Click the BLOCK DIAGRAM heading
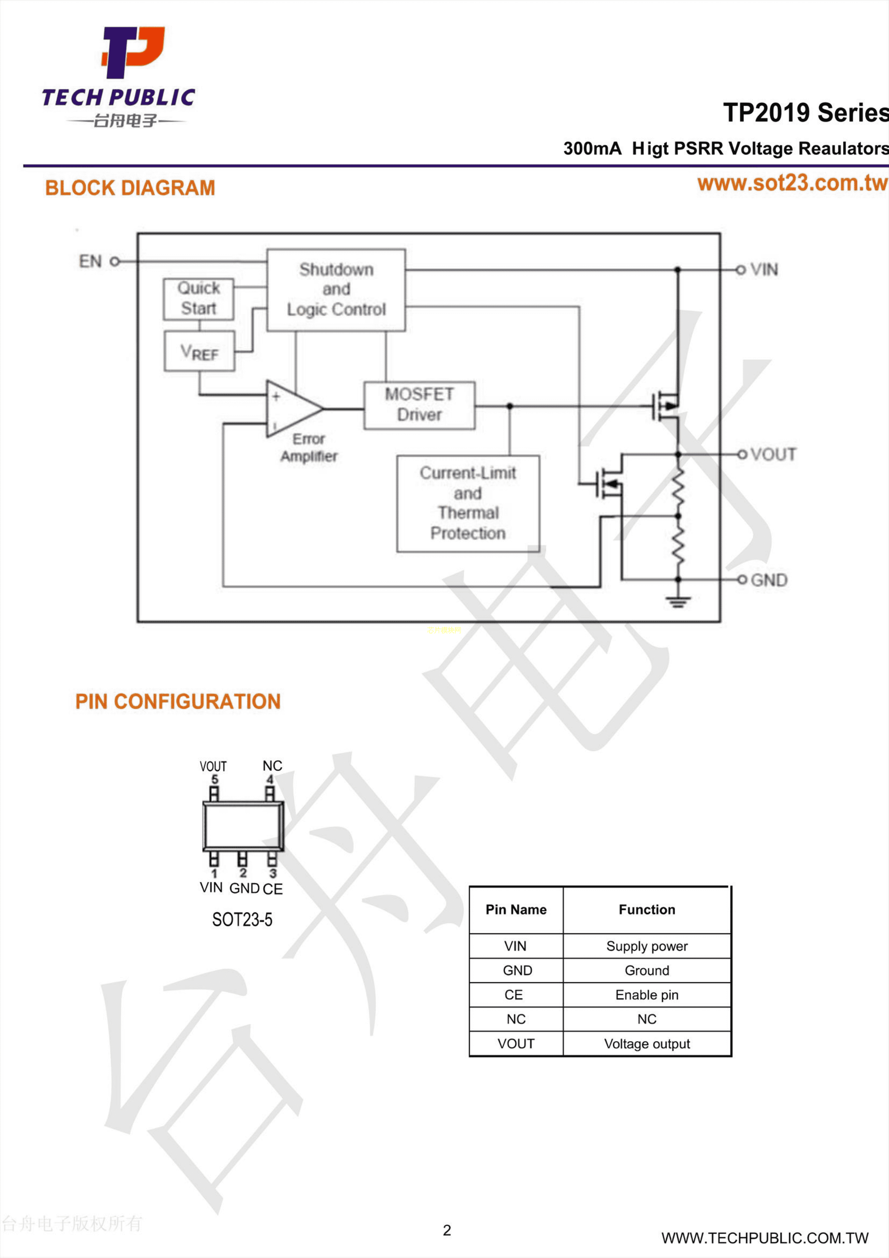130,188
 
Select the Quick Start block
198,299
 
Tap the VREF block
199,351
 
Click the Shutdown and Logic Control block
336,290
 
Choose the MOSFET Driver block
419,404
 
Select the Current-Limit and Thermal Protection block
468,503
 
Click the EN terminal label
90,261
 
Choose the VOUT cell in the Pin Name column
515,1043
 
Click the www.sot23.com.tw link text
791,183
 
